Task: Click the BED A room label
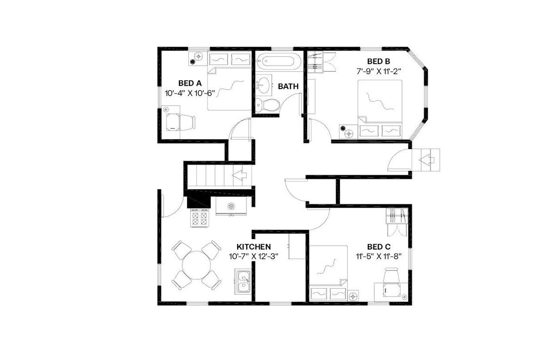pos(190,83)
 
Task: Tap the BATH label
pos(288,87)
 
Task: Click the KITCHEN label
pos(254,247)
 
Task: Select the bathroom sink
pos(264,84)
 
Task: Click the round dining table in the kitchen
pos(196,265)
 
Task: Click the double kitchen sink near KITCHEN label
pos(242,281)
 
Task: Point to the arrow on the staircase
pos(240,176)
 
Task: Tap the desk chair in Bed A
pos(187,122)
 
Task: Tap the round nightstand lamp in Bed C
pos(353,296)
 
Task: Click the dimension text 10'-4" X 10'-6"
pos(190,92)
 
